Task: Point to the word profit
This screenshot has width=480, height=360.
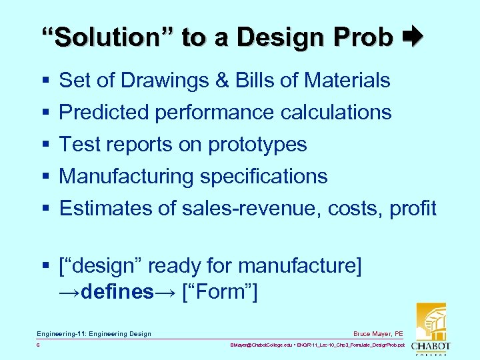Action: (x=413, y=209)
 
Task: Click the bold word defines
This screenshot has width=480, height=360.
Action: (x=117, y=293)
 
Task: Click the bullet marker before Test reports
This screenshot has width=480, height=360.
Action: (x=45, y=145)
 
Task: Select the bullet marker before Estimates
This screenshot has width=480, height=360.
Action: (x=45, y=209)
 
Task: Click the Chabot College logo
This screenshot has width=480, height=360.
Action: (x=431, y=329)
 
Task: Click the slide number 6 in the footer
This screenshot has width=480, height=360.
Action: (x=39, y=346)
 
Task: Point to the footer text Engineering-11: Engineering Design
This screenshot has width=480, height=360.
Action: (x=94, y=333)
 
